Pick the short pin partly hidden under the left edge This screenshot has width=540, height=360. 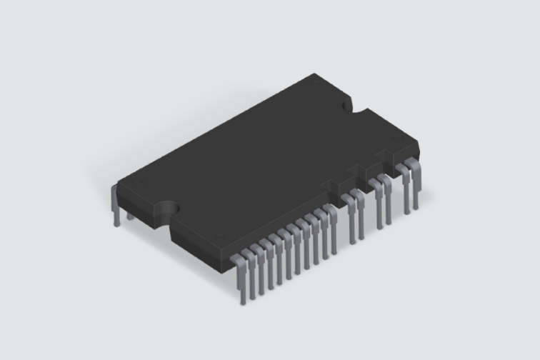[x=129, y=215]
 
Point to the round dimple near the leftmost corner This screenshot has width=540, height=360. [x=136, y=183]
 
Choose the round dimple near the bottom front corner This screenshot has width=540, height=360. [x=218, y=237]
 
